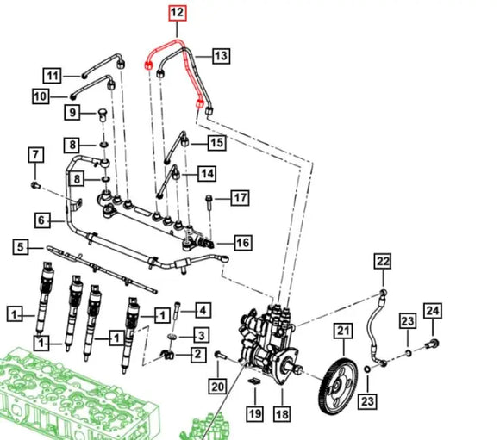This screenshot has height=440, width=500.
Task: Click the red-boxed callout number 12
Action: [x=178, y=13]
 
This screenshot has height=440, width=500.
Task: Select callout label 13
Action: [x=221, y=55]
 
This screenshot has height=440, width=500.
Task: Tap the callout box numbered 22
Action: [x=383, y=262]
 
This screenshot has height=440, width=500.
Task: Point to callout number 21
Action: [x=343, y=331]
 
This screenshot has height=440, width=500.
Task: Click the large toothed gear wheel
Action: [x=338, y=386]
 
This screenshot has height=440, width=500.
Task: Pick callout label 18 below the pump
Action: [x=282, y=414]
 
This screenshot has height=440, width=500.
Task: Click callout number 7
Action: [x=35, y=155]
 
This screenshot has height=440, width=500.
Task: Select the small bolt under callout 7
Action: [x=35, y=185]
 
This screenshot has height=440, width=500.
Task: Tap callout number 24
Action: [x=433, y=311]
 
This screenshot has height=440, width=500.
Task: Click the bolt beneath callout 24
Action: [x=433, y=344]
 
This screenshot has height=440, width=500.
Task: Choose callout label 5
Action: [x=21, y=247]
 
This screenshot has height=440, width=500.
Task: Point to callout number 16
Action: [x=242, y=243]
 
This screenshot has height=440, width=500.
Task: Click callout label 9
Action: [x=72, y=112]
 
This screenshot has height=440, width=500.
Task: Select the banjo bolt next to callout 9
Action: [x=102, y=115]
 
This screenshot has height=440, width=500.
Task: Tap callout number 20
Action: [x=217, y=387]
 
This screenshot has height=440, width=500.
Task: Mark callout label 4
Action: [x=203, y=309]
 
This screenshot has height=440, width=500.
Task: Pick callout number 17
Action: [x=240, y=198]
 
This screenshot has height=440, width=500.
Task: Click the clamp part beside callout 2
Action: [x=167, y=354]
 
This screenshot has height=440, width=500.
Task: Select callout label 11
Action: [x=53, y=76]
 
